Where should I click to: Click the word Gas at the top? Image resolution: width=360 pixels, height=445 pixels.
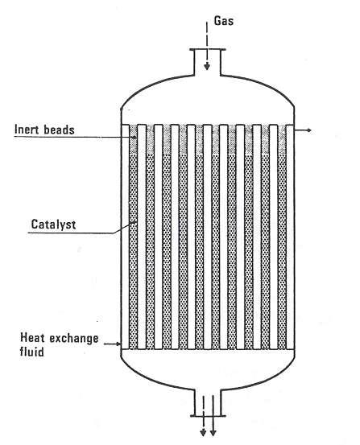point(224,21)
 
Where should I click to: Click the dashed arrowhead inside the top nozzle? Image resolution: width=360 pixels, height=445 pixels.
point(207,67)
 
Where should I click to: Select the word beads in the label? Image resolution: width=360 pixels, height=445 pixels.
point(59,130)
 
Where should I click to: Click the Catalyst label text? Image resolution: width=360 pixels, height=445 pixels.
point(53,225)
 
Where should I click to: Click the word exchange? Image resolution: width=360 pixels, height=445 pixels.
point(74,339)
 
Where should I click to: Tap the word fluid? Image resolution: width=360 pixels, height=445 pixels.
point(32,352)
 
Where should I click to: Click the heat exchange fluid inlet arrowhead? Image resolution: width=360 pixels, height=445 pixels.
point(119,344)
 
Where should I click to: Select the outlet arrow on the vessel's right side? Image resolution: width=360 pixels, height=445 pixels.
point(303,130)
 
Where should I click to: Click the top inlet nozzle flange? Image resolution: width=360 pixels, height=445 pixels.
point(208,50)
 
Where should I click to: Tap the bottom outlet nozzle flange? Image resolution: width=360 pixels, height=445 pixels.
point(208,416)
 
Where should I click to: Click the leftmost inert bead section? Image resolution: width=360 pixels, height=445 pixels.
point(133,139)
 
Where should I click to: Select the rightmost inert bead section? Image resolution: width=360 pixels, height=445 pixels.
point(282,139)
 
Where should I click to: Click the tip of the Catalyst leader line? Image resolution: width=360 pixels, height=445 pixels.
point(134,223)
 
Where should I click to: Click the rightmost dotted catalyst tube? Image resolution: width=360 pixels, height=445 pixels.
point(282,251)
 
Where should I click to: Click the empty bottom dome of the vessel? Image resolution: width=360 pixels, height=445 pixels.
point(208,369)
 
